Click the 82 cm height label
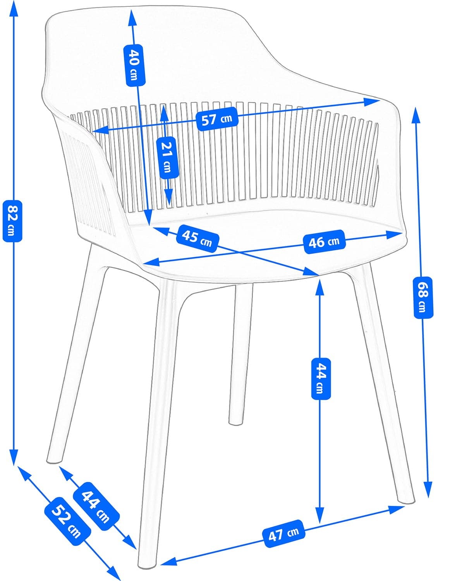pos(12,220)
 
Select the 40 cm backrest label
pos(134,65)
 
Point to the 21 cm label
pos(167,157)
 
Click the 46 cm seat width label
pos(324,242)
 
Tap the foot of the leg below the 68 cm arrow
pos(407,500)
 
